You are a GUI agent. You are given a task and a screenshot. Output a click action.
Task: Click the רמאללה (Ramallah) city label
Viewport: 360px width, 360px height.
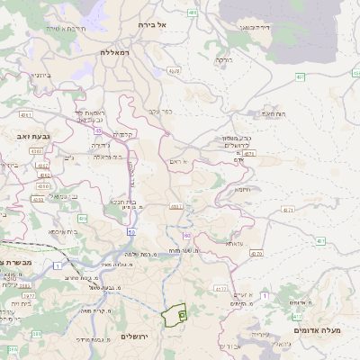pos(117,53)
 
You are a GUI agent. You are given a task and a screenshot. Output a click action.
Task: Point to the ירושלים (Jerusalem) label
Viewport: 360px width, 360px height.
pos(133,336)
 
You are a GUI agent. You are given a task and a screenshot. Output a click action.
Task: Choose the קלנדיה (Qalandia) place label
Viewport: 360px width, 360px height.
pos(123,134)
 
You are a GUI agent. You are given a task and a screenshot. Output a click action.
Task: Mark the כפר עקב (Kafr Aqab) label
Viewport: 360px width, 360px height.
pos(161,112)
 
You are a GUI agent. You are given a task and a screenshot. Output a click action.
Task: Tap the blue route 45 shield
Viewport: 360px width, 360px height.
pos(96,130)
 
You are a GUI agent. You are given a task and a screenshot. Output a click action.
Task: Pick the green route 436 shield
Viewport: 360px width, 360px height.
pos(82,218)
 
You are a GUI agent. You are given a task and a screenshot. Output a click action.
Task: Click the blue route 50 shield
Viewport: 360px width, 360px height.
pos(131,232)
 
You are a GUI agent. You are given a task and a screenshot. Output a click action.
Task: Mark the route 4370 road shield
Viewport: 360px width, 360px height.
pos(221,289)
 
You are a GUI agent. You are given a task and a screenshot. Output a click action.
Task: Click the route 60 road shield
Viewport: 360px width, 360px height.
pos(186,235)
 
